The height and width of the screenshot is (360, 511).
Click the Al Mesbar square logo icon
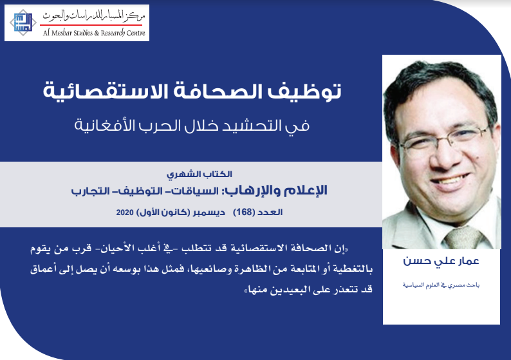(x=23, y=23)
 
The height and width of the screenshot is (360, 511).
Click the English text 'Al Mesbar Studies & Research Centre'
(x=94, y=33)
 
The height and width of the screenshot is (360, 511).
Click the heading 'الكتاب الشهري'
(x=200, y=175)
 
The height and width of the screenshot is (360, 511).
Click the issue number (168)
(x=244, y=213)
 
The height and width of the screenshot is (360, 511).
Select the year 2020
(x=125, y=213)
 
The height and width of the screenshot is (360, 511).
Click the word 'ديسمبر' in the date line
(x=209, y=213)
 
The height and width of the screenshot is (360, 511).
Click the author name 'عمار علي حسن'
(x=441, y=261)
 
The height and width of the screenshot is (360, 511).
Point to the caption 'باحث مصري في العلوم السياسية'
(x=441, y=285)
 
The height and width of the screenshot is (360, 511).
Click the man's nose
(x=447, y=156)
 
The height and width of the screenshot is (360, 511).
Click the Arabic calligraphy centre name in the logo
(x=94, y=15)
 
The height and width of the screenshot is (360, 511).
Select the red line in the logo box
(x=91, y=24)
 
